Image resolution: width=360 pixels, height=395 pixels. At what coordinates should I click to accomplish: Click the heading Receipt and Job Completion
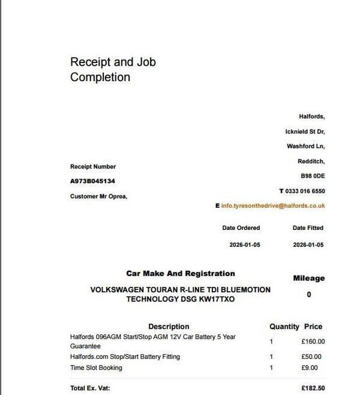click(113, 70)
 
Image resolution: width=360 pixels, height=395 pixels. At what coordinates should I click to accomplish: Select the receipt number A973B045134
click(92, 181)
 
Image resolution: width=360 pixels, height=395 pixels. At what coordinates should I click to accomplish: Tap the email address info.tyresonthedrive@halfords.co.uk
click(273, 205)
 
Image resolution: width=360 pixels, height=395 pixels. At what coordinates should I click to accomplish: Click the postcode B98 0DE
click(313, 176)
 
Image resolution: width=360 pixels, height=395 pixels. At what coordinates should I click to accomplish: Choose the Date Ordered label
click(241, 228)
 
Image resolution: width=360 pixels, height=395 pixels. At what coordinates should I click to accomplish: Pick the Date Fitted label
click(308, 228)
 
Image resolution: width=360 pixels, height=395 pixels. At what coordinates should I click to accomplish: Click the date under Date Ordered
click(245, 245)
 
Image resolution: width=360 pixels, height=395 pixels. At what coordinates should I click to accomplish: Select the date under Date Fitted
click(308, 245)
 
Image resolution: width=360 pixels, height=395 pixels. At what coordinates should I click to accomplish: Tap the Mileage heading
click(308, 279)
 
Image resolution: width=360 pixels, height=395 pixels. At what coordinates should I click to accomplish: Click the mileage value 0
click(309, 295)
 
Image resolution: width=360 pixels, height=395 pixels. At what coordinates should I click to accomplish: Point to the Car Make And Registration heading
click(180, 274)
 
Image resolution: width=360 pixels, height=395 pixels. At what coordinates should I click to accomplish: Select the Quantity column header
click(284, 327)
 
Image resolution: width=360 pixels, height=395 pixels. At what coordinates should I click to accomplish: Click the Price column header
click(313, 327)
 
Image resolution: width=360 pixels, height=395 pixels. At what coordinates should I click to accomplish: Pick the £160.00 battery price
click(313, 342)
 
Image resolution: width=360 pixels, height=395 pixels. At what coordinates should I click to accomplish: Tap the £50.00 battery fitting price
click(311, 357)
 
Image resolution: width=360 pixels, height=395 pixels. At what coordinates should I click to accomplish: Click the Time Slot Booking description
click(96, 368)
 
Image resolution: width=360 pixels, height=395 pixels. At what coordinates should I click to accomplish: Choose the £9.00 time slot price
click(310, 368)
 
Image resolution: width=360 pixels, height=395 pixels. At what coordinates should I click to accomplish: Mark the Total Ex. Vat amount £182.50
click(313, 388)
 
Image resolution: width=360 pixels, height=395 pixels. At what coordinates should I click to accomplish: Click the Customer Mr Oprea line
click(98, 196)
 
